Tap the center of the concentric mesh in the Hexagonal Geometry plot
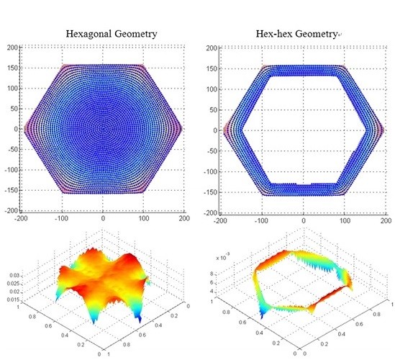103,129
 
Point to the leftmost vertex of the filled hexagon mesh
25,129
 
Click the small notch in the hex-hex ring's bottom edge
304,185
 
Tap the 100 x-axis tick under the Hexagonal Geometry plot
143,219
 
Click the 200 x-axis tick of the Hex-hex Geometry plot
384,219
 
